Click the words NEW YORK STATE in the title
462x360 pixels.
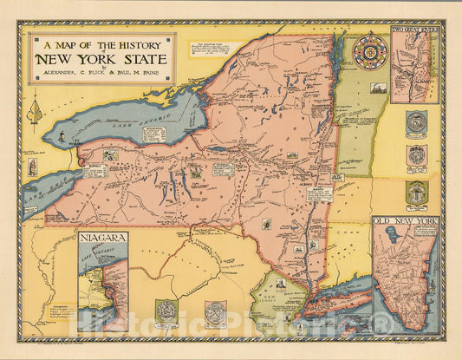(102, 60)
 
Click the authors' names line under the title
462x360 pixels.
(102, 75)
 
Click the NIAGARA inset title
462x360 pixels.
(102, 237)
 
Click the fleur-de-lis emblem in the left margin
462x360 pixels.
(36, 111)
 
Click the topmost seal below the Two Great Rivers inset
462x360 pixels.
(416, 121)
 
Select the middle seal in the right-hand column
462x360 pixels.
(416, 156)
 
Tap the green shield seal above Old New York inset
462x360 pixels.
(416, 193)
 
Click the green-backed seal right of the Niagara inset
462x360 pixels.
(166, 311)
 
